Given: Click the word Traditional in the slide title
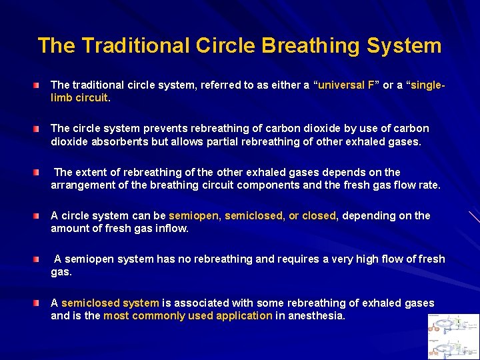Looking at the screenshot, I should click(135, 46).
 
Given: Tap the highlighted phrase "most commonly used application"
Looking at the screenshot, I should click(187, 316).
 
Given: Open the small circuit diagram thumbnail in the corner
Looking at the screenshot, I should click(454, 336).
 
